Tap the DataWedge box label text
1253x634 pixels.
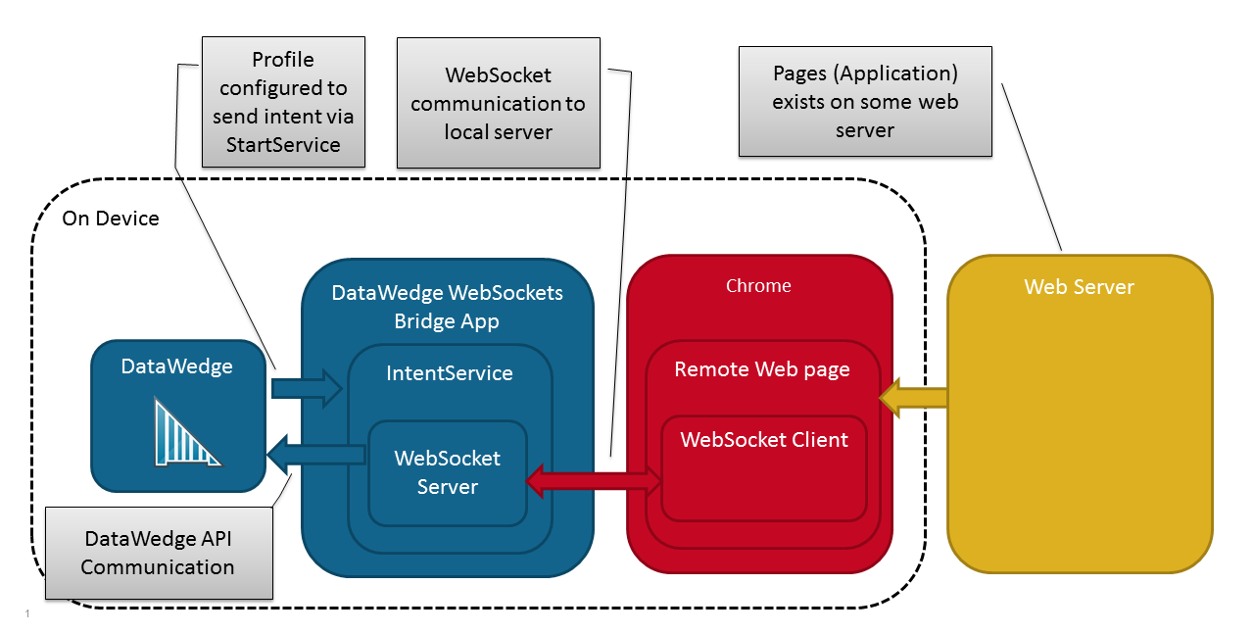(177, 366)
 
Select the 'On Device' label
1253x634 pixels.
(111, 218)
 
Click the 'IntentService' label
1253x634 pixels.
(449, 372)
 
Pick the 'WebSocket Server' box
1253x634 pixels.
(448, 472)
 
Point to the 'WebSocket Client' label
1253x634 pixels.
(764, 440)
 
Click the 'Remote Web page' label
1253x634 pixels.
(762, 369)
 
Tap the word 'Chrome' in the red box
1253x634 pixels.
(758, 286)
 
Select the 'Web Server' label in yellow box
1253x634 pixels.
(1079, 287)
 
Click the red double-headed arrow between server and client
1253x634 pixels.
(596, 479)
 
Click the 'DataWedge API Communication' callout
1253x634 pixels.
(159, 553)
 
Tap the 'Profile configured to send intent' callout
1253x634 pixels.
(283, 102)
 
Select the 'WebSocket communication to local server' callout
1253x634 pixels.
(498, 103)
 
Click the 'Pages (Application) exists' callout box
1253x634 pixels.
(865, 102)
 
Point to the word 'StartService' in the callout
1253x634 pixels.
(283, 144)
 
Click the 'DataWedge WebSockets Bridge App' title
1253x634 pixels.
(447, 307)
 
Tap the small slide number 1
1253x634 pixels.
(27, 614)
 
